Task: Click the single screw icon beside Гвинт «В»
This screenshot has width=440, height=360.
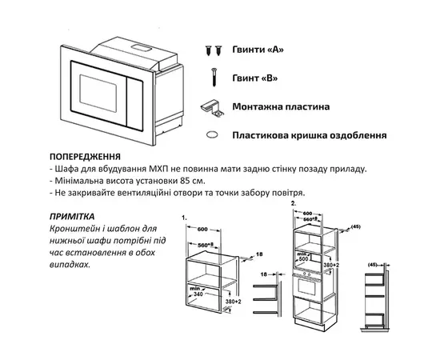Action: coord(214,78)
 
